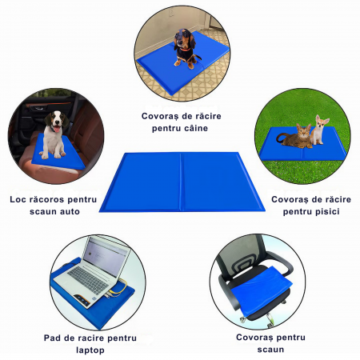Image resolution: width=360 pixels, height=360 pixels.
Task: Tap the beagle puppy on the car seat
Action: tap(54, 134)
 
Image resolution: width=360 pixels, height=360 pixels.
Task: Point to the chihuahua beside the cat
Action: tap(319, 130)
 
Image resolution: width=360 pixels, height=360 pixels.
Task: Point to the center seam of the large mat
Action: tap(181, 182)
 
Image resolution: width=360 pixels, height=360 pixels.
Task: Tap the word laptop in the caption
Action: tap(90, 350)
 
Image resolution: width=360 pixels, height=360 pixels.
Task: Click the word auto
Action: tap(70, 212)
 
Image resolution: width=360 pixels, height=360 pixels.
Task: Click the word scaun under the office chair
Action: tap(270, 350)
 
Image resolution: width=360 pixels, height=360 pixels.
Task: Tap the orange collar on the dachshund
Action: tap(185, 49)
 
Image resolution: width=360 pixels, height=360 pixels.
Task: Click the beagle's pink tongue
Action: tap(57, 129)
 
